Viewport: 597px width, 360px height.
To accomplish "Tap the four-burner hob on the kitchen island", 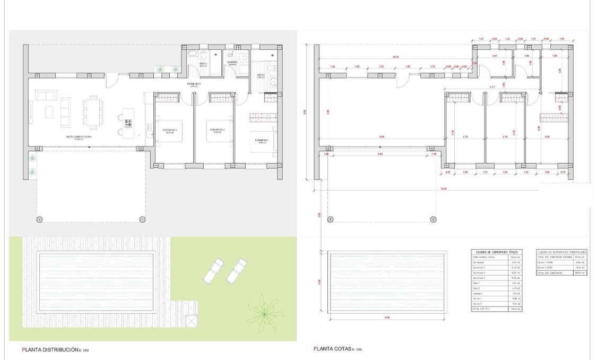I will [x=128, y=123].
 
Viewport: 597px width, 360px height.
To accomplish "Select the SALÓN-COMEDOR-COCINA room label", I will [x=79, y=138].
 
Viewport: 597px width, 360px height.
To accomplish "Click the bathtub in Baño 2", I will [x=193, y=54].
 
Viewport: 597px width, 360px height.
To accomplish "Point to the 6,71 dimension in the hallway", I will [x=492, y=87].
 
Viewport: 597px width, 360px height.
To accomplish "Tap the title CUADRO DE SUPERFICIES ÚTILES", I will [x=496, y=252].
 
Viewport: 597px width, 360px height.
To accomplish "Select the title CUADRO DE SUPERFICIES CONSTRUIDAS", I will [x=561, y=252].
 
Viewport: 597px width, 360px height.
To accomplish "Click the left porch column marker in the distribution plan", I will [x=39, y=219].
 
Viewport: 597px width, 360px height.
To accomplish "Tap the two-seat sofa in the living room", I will [x=45, y=95].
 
